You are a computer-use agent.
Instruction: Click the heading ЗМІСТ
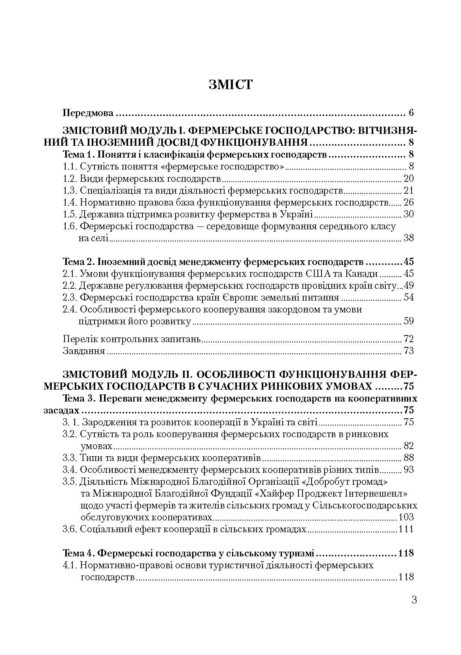click(x=230, y=85)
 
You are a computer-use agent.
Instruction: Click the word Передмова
click(x=88, y=113)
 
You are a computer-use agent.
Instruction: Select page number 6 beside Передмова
click(x=411, y=113)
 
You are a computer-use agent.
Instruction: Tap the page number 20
click(x=408, y=179)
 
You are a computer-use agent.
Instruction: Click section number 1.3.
click(x=70, y=190)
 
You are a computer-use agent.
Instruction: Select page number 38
click(x=408, y=238)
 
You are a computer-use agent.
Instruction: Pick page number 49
click(x=408, y=286)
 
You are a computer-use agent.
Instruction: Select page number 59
click(x=408, y=321)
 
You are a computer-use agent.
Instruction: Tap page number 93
click(x=408, y=470)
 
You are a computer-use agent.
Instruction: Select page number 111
click(x=406, y=529)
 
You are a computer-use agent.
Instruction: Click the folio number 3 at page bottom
click(x=414, y=600)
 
